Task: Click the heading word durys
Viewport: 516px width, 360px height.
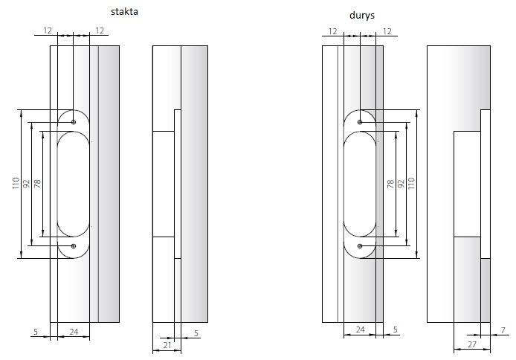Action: click(x=361, y=15)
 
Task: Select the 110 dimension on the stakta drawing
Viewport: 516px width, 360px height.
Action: click(x=16, y=184)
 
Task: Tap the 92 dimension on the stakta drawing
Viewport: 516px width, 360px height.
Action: click(x=26, y=184)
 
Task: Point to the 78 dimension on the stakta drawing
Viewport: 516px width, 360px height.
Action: click(x=37, y=183)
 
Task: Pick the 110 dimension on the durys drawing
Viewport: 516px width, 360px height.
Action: click(x=412, y=184)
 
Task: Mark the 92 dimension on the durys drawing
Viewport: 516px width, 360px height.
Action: click(x=401, y=184)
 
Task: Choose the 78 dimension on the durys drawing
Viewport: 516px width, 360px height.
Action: click(x=390, y=184)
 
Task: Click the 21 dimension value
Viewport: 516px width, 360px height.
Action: click(x=167, y=345)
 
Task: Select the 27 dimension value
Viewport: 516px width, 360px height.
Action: click(x=471, y=345)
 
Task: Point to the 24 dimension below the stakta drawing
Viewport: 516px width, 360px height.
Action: click(x=74, y=332)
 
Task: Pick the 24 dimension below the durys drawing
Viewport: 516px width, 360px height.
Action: click(x=360, y=330)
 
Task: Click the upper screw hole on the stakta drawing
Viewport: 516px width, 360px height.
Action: click(x=73, y=122)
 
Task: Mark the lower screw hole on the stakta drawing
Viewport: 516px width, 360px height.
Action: click(x=73, y=245)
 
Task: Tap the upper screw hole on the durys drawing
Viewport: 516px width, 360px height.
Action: click(x=360, y=122)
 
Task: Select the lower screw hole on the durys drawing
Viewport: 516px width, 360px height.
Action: click(x=360, y=245)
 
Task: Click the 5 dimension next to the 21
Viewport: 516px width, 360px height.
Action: click(x=196, y=333)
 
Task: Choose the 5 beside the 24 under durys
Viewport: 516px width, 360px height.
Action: click(x=395, y=330)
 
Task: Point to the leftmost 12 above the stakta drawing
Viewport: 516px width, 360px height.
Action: click(x=48, y=30)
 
